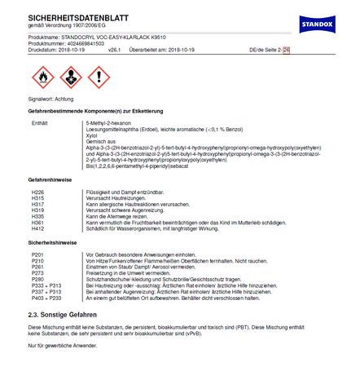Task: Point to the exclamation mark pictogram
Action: (98, 77)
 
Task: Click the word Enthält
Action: (40, 122)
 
